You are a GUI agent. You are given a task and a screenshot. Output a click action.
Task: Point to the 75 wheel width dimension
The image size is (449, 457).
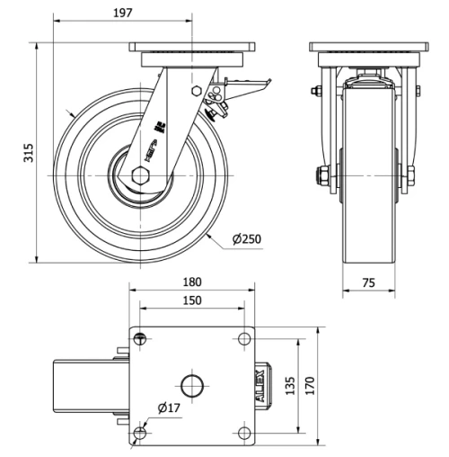tap(367, 282)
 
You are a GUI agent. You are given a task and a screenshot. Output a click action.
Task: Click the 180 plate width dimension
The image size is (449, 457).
tap(192, 282)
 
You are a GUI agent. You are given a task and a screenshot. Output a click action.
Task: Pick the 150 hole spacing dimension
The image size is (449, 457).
tap(192, 300)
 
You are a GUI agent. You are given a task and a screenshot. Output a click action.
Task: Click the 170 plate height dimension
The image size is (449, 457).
tap(310, 385)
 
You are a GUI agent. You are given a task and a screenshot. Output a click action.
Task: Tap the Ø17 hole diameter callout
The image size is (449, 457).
tap(170, 408)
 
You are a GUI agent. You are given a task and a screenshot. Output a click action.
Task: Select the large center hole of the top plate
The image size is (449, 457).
tap(192, 386)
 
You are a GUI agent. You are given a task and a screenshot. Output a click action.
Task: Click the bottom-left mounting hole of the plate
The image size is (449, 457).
tap(138, 435)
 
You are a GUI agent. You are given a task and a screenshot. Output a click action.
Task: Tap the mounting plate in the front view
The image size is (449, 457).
tap(367, 47)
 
